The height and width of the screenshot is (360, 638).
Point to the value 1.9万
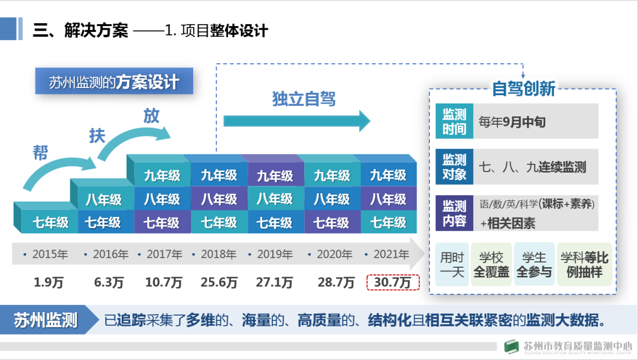[x=48, y=283]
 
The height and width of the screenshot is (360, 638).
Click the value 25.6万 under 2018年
[x=219, y=283]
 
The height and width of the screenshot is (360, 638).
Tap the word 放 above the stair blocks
[x=151, y=116]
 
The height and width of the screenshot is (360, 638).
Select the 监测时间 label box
[x=454, y=122]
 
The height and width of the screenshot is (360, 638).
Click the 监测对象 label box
[x=454, y=167]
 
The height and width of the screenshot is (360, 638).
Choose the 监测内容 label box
[x=454, y=213]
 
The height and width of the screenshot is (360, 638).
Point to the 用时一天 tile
[x=453, y=265]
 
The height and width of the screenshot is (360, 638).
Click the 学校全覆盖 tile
[x=491, y=265]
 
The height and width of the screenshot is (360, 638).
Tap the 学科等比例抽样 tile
[x=584, y=265]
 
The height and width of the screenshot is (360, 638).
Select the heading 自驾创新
[x=523, y=89]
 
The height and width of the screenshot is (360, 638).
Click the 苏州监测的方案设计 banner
[x=114, y=82]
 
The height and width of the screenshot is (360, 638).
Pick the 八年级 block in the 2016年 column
[x=103, y=200]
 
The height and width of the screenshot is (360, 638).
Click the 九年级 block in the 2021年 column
[x=388, y=176]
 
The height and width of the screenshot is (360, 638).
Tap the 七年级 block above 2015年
[x=50, y=223]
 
